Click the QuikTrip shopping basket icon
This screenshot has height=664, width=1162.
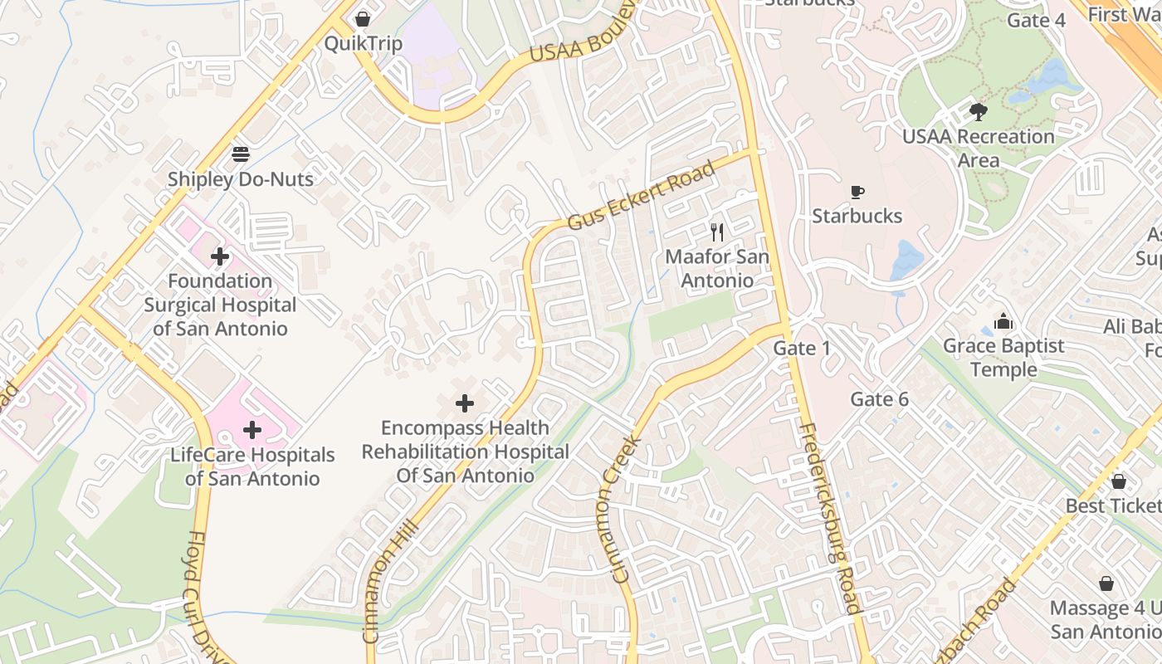pos(363,18)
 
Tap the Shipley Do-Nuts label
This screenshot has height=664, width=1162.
pos(241,178)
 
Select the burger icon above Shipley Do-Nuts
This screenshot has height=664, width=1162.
pos(241,154)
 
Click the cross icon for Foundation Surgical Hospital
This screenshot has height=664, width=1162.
pos(220,256)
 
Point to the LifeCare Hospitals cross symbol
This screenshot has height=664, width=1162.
pos(252,430)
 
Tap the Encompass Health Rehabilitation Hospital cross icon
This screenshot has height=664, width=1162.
pos(465,403)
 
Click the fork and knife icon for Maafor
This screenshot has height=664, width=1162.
pos(717,232)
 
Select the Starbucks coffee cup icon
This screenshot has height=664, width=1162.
pos(857,193)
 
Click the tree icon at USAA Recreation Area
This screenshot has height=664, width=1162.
pos(979,111)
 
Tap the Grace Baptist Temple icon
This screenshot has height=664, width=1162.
pos(1003,320)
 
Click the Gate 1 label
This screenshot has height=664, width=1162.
pos(801,348)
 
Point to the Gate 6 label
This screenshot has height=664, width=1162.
pos(879,399)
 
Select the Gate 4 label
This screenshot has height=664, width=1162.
pos(1036,20)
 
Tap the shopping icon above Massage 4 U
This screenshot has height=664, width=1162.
pos(1106,583)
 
